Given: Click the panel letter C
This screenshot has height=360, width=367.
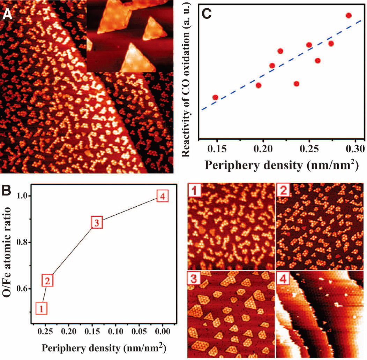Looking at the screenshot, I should pyautogui.click(x=210, y=15).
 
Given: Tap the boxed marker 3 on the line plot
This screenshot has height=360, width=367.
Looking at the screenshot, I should pyautogui.click(x=97, y=222).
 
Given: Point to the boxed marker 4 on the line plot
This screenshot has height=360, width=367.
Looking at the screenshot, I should pyautogui.click(x=162, y=196).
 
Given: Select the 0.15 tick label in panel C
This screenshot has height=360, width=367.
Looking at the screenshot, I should pyautogui.click(x=216, y=149).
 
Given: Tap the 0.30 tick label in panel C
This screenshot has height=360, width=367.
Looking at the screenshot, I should pyautogui.click(x=355, y=149).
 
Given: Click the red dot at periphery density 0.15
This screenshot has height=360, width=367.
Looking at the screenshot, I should pyautogui.click(x=215, y=97).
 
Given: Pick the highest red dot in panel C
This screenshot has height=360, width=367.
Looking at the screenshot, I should pyautogui.click(x=348, y=15).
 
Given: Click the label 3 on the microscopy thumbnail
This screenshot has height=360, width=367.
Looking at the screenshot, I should pyautogui.click(x=193, y=277).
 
